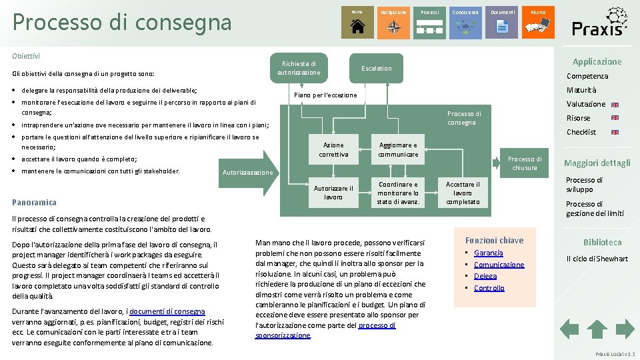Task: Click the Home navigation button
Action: pos(357,22)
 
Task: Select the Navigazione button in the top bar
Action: pos(393,22)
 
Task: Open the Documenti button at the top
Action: pos(502,22)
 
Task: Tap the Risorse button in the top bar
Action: pos(538,22)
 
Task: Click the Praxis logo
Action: pos(599,22)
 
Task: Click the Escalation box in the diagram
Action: pos(376,68)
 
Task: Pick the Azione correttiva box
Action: pos(333,150)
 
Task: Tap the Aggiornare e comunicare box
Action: pos(398,150)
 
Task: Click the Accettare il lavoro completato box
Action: pos(463,193)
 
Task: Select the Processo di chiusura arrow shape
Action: pos(525,163)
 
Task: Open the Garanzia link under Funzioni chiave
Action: pos(489,253)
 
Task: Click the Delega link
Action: pos(485,276)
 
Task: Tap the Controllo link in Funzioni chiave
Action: pos(489,288)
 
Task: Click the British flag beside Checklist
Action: pos(615,132)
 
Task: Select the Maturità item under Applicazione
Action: pos(581,90)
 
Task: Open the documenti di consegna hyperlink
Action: pos(167,311)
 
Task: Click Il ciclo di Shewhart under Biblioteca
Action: pos(597,259)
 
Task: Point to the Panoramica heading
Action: pos(35,202)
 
